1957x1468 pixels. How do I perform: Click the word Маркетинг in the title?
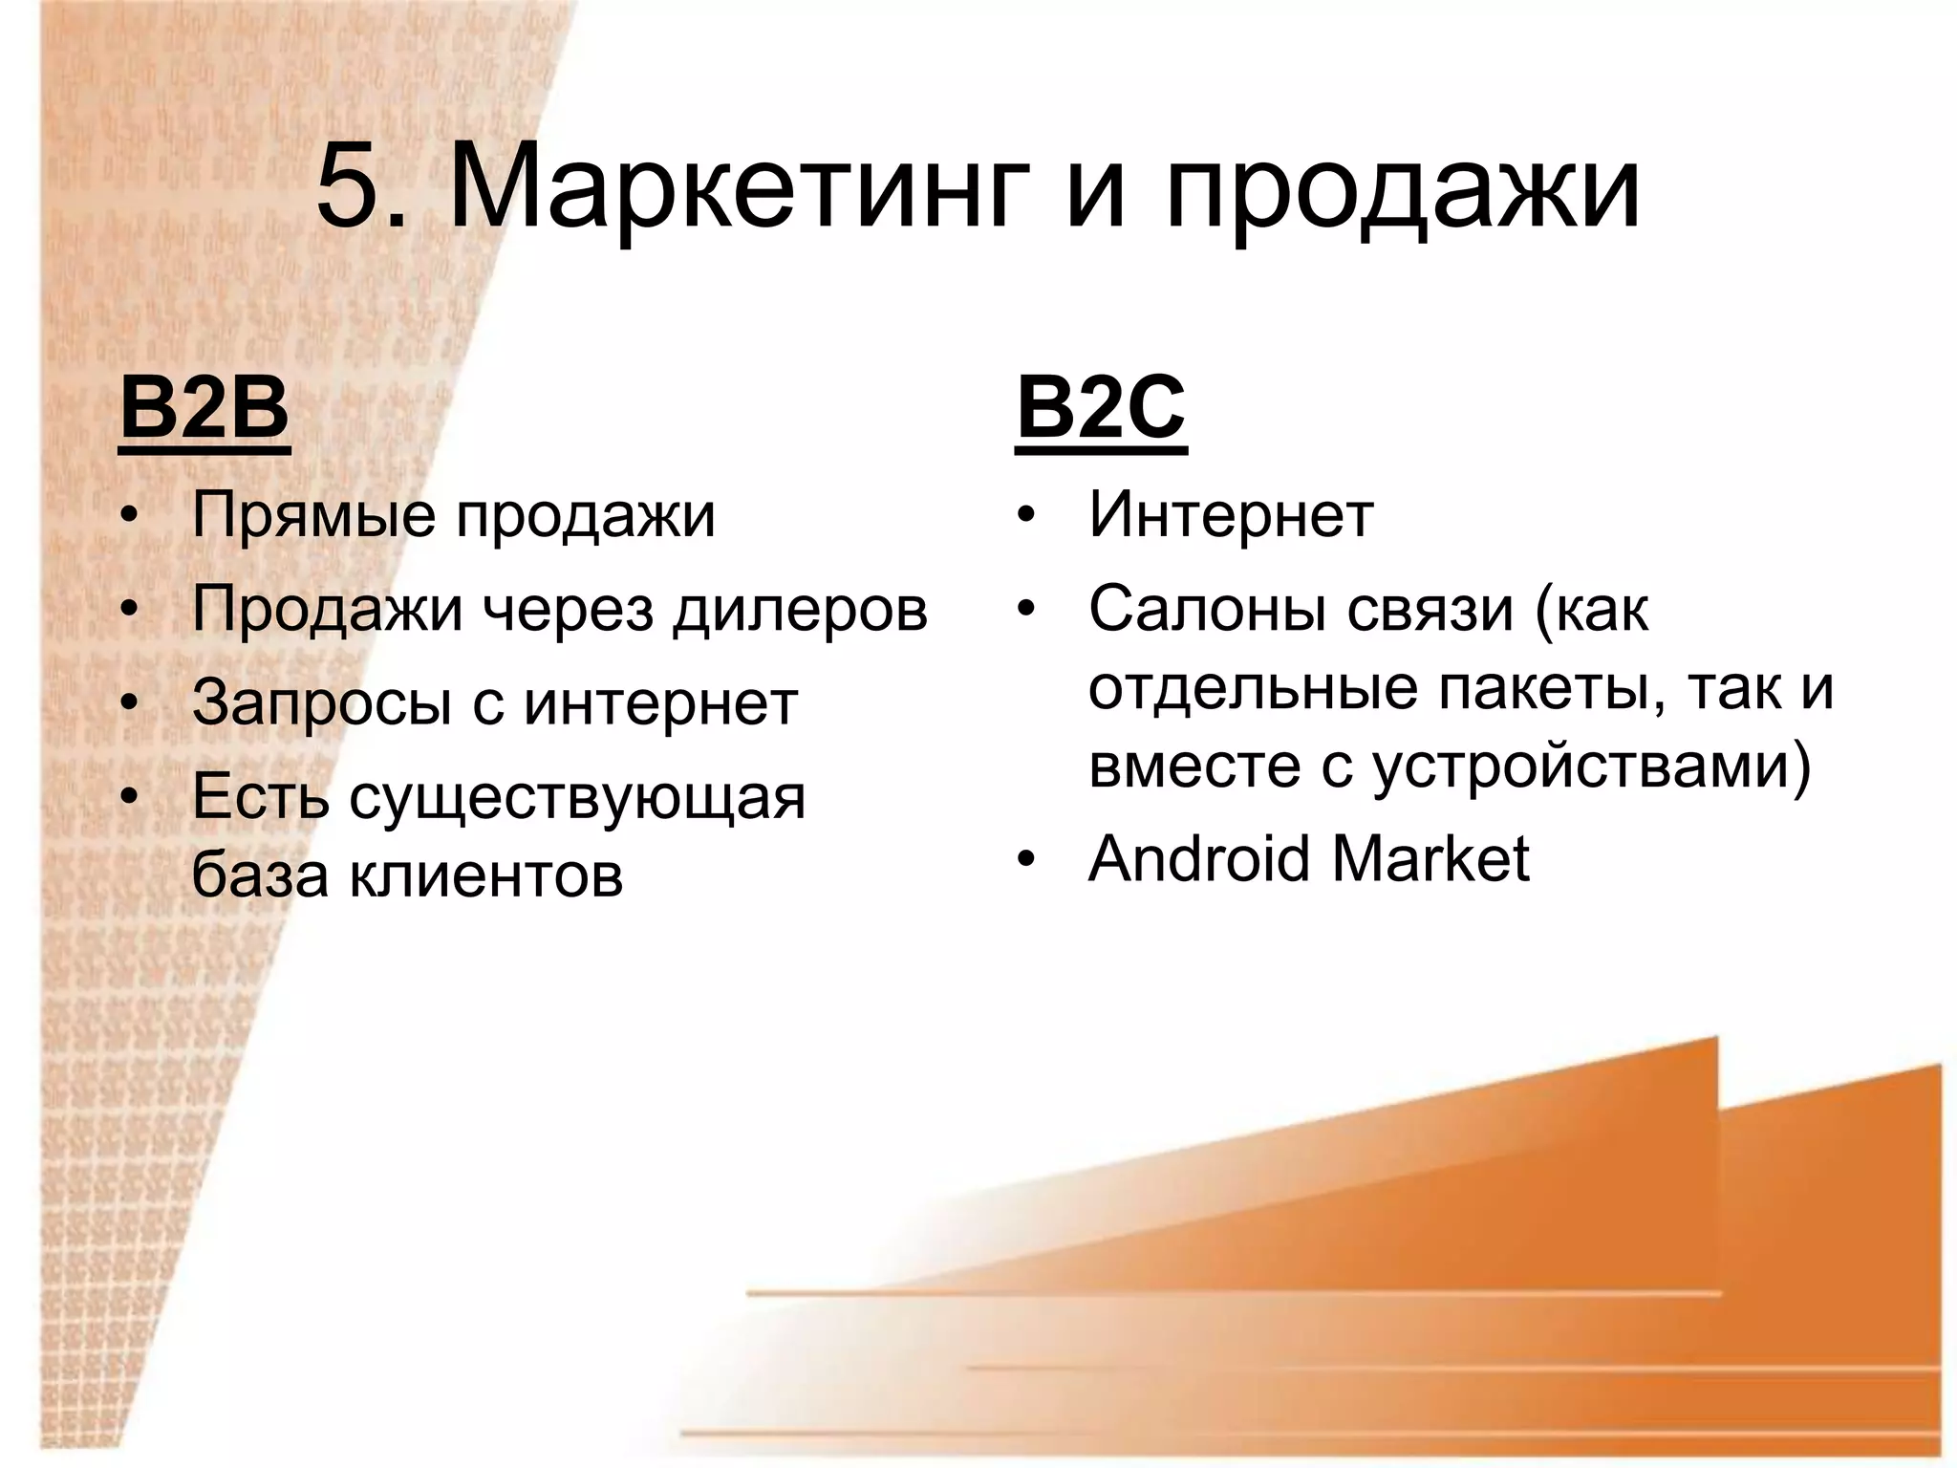click(741, 187)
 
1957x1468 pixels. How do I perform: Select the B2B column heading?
click(204, 409)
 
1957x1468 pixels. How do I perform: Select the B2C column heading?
click(1101, 409)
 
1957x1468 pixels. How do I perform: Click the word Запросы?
click(321, 704)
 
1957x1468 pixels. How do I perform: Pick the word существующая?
click(577, 798)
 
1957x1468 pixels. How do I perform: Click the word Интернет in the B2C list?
click(1231, 515)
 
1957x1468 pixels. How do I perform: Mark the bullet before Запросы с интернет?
click(130, 704)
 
